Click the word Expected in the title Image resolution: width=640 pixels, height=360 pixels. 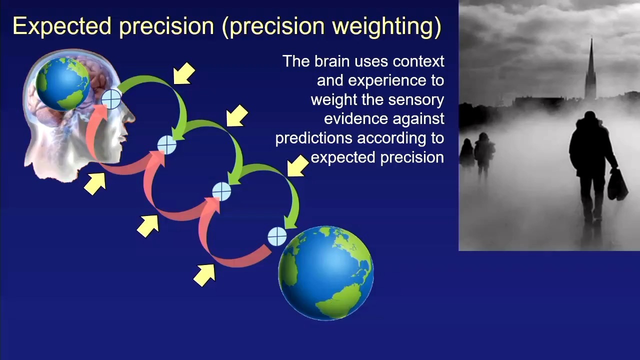pos(62,27)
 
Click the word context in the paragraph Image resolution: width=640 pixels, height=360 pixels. pos(418,61)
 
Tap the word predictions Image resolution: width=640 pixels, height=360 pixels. pos(314,138)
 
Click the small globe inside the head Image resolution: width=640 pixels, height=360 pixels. pos(63,84)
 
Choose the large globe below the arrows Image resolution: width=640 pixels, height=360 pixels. pos(326,273)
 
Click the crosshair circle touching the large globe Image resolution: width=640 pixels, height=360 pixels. pos(277,236)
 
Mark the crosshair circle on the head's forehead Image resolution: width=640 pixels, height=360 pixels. pos(111,99)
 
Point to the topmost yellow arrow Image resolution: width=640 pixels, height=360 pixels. pos(184,73)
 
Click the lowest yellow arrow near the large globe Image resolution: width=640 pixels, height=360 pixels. pos(204,275)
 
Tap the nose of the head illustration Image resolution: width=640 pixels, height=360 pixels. pos(130,116)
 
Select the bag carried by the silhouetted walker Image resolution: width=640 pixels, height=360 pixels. pos(617,185)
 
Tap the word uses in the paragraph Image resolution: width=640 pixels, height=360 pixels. pos(372,61)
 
